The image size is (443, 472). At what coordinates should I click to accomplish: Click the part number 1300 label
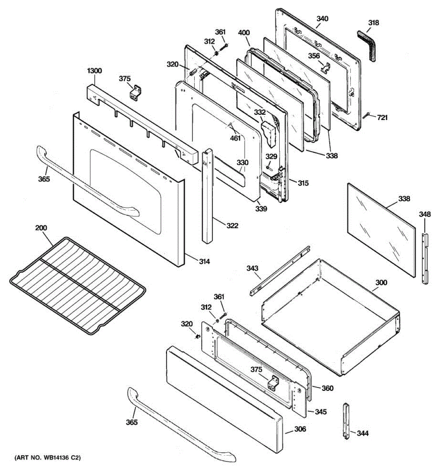coord(95,71)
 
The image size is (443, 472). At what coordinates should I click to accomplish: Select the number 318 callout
coord(373,23)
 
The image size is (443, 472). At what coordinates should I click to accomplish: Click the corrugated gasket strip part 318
coord(366,44)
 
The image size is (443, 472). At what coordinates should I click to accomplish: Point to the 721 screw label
coord(382,118)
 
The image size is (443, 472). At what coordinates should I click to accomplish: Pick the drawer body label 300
coord(381,282)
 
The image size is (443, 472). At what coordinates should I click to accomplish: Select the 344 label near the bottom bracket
coord(363,433)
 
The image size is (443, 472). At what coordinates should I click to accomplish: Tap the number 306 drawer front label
coord(300,429)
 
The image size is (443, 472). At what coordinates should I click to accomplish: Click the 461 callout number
coord(235,138)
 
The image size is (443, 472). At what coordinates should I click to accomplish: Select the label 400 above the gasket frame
coord(244,33)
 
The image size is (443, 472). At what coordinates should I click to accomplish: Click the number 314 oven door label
coord(204,261)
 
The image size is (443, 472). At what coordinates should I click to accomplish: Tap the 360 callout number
coord(327,388)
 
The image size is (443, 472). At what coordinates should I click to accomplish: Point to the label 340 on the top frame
coord(322,18)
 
